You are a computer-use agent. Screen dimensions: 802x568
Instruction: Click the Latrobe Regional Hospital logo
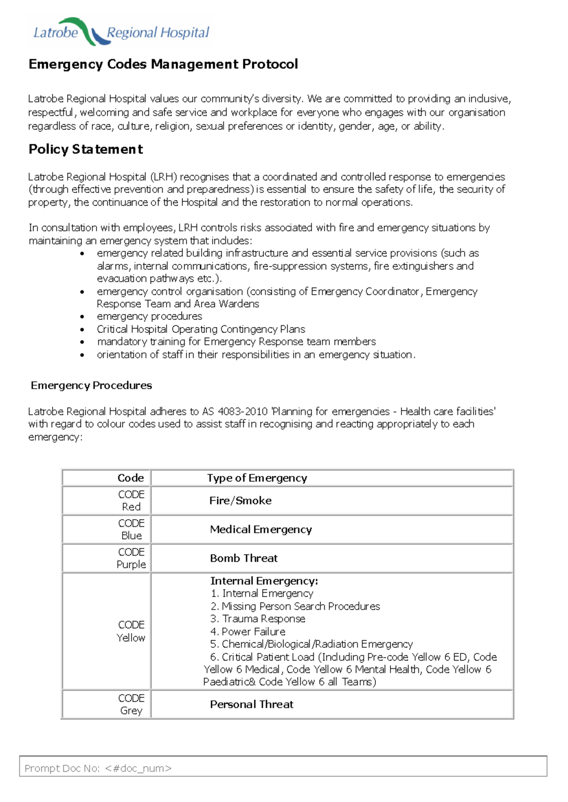click(121, 32)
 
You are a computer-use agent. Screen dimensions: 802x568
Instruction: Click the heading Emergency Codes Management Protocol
click(163, 64)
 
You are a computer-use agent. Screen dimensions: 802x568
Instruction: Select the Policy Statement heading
click(86, 149)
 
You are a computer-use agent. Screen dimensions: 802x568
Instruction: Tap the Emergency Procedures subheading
click(91, 385)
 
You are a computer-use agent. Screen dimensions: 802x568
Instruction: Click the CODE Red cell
click(131, 500)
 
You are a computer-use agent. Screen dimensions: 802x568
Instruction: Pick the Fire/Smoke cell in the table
click(240, 500)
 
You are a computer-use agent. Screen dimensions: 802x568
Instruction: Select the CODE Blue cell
click(131, 529)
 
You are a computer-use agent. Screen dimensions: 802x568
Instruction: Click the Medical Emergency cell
click(261, 529)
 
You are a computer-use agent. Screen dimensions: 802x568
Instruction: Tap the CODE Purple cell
click(131, 558)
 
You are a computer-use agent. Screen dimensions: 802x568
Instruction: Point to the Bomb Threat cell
click(244, 558)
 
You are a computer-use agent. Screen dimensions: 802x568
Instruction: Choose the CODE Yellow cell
click(131, 631)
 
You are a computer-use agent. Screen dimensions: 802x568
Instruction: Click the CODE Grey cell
click(131, 704)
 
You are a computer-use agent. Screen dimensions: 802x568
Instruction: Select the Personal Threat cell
click(251, 704)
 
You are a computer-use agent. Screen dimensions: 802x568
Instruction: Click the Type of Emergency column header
click(257, 478)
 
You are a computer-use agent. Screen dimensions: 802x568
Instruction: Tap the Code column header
click(131, 478)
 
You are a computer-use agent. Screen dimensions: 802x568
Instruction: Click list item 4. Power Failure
click(248, 631)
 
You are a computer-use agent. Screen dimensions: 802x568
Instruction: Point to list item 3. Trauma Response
click(258, 619)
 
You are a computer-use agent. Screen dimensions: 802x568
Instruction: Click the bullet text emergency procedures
click(150, 316)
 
